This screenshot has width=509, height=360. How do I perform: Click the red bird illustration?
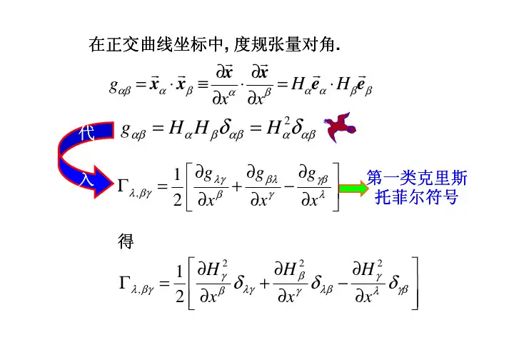pos(339,129)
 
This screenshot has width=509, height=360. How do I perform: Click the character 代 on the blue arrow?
pos(86,133)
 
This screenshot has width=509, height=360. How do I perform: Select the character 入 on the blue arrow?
pos(86,180)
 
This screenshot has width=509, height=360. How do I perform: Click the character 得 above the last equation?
pos(125,243)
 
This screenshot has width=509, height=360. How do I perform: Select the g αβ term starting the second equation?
pos(135,131)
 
